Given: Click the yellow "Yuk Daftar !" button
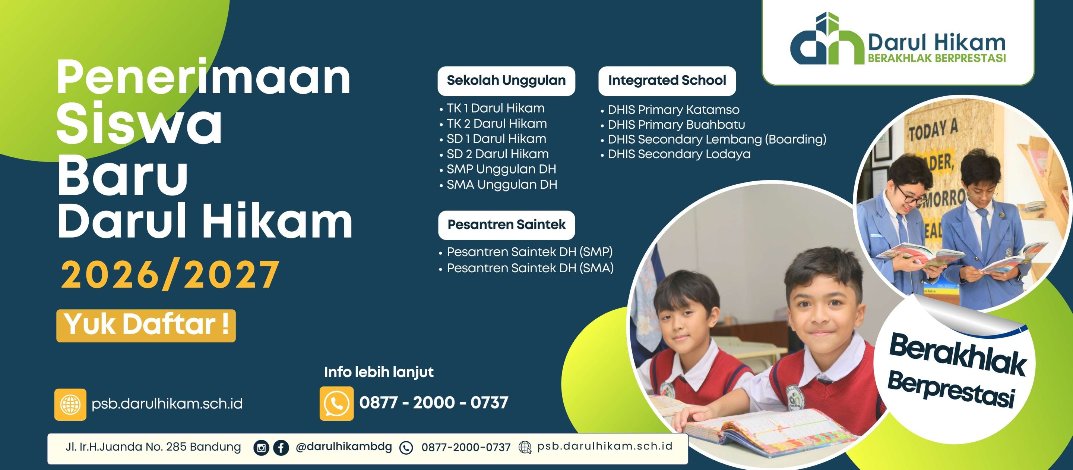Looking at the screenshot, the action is pyautogui.click(x=146, y=326).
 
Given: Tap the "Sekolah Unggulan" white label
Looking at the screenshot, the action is pyautogui.click(x=506, y=81).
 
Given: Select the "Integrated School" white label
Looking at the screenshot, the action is pyautogui.click(x=667, y=81).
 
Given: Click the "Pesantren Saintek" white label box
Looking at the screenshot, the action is pyautogui.click(x=507, y=225).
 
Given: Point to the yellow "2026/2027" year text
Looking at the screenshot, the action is pyautogui.click(x=170, y=275).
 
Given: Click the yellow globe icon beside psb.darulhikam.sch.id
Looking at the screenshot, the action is pyautogui.click(x=70, y=404).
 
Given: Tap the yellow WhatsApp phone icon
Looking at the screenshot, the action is pyautogui.click(x=336, y=403).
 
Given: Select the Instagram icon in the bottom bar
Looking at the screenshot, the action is pyautogui.click(x=261, y=448).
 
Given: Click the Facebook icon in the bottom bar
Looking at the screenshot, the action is pyautogui.click(x=281, y=448).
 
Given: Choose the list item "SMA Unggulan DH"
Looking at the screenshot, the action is pyautogui.click(x=501, y=184).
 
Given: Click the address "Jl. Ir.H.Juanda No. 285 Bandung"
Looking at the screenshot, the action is pyautogui.click(x=153, y=447).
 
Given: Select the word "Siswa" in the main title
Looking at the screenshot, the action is pyautogui.click(x=140, y=124).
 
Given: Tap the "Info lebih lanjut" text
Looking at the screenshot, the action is pyautogui.click(x=379, y=372).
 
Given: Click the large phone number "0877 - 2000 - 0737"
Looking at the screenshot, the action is pyautogui.click(x=434, y=403).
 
